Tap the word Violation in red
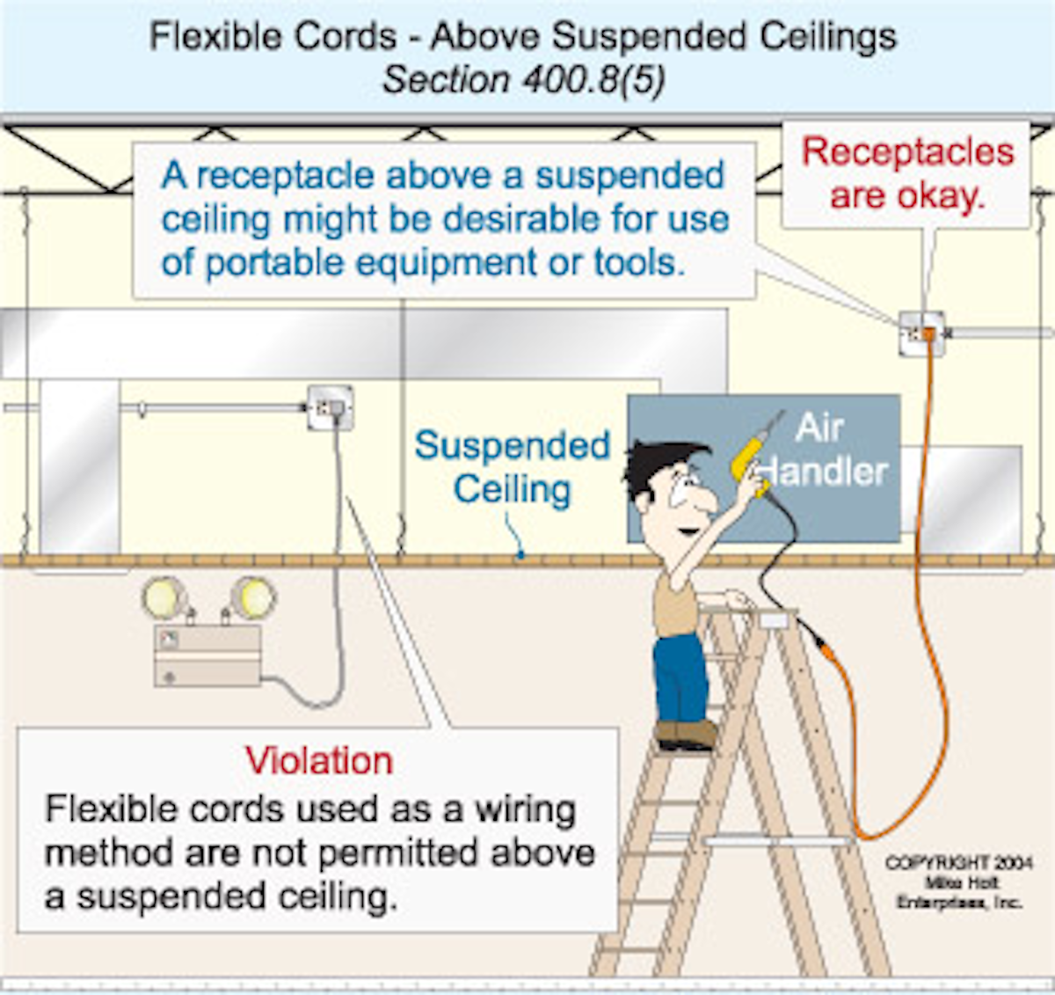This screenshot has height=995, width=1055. [x=318, y=761]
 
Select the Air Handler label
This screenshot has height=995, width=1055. [x=822, y=450]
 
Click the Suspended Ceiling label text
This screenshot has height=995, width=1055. [x=512, y=467]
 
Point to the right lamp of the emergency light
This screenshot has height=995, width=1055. [x=253, y=598]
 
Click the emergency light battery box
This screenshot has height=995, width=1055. [x=207, y=655]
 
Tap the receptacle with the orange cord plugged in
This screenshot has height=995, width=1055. [x=921, y=334]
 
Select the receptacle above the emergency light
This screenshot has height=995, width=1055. [x=331, y=408]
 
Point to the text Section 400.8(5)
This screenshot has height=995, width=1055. [x=524, y=80]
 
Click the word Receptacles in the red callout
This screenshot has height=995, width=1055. [x=907, y=152]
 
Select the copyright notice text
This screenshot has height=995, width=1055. [x=958, y=882]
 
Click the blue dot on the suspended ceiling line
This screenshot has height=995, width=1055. [x=520, y=555]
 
